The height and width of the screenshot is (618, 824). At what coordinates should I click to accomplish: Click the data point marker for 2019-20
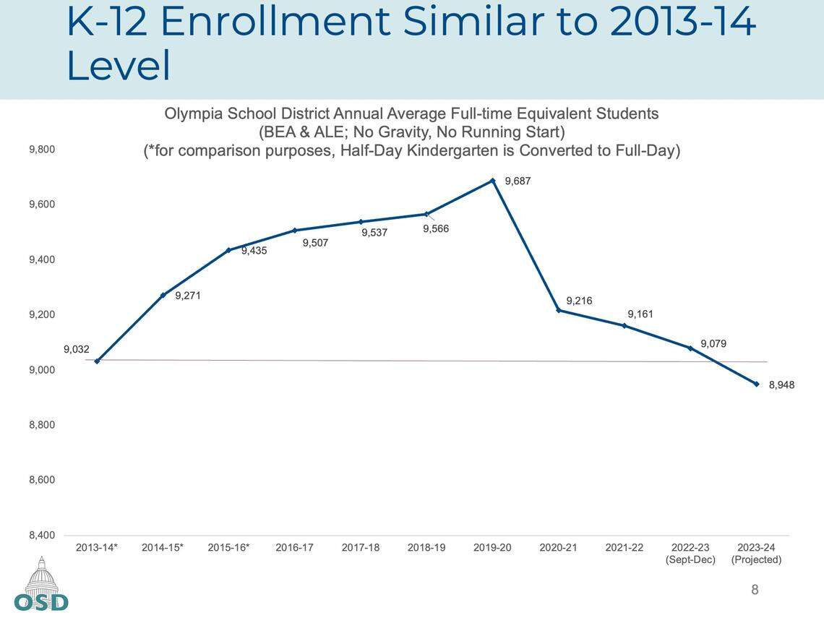pos(493,181)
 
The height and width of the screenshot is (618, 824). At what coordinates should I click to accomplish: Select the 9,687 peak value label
pos(518,181)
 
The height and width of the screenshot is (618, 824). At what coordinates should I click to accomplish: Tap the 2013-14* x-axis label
pos(97,548)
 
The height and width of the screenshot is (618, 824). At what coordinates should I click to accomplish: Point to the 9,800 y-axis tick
pos(42,150)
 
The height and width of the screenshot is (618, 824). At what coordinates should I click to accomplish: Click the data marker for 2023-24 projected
pos(757,384)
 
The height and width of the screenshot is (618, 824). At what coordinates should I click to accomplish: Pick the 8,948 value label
pos(781,385)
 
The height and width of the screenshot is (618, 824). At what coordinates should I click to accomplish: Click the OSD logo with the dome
pos(41,585)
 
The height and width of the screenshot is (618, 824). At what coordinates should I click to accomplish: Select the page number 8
pos(755,591)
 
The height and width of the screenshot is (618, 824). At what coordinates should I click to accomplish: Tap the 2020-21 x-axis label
pos(559,548)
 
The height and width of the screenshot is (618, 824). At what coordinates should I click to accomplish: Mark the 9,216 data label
pos(579,301)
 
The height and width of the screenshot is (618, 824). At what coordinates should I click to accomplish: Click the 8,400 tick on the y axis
pos(42,535)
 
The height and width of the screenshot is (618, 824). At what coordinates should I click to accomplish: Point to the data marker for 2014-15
pos(163,295)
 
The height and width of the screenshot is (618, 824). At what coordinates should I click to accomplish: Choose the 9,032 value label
pos(77,349)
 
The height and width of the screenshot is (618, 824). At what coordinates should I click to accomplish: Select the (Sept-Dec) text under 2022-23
pos(690,560)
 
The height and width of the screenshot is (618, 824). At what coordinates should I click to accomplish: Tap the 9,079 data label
pos(713,344)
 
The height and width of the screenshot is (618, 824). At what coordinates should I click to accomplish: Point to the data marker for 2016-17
pos(295,231)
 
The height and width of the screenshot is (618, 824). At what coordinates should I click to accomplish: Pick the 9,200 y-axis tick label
pos(42,314)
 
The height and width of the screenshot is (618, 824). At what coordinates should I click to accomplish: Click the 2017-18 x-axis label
pos(361,548)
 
